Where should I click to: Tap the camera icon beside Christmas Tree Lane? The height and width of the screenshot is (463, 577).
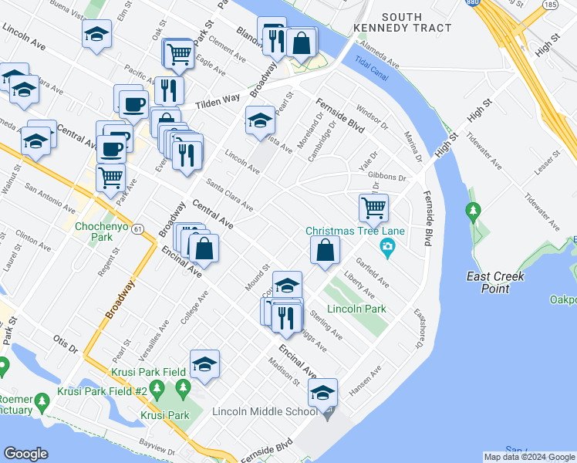click(387, 248)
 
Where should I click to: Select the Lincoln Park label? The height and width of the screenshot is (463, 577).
click(356, 309)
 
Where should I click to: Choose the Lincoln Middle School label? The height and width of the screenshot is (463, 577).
click(264, 411)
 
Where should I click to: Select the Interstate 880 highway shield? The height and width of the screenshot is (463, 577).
click(471, 3)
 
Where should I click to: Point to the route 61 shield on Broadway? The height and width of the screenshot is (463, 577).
click(137, 230)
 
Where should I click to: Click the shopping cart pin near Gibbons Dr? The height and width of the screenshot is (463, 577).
click(373, 207)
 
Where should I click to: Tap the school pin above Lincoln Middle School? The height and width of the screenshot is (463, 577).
click(323, 392)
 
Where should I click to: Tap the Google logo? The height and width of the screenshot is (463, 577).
click(25, 455)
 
